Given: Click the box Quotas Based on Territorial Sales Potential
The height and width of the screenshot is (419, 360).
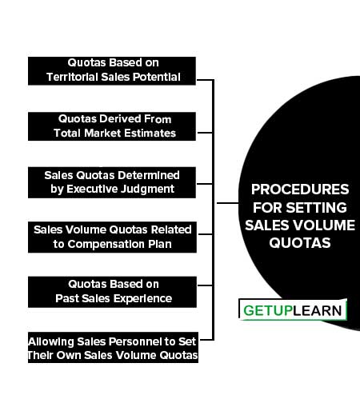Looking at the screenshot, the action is click(x=112, y=71).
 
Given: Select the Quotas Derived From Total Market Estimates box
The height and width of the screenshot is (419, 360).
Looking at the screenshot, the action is click(x=112, y=126).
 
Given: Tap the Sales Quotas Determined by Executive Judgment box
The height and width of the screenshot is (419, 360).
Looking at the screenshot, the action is click(x=112, y=182).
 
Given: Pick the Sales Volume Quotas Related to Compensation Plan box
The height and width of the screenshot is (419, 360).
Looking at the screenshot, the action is click(x=112, y=237).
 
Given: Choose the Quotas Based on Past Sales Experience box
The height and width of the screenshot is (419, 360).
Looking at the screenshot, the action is click(x=112, y=292).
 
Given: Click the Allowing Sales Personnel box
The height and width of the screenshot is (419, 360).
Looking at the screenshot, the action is click(x=113, y=347).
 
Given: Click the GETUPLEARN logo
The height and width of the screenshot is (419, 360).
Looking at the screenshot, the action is click(x=293, y=309).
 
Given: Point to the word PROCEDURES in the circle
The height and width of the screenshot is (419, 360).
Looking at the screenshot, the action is click(x=300, y=190).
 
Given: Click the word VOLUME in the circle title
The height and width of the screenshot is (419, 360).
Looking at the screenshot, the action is click(x=330, y=225).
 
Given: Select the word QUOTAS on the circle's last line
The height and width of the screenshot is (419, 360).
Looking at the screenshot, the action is click(x=300, y=243).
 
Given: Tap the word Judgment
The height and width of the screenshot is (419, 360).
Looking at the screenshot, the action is click(x=147, y=190).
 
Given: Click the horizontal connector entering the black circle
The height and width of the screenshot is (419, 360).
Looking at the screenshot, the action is click(x=227, y=203).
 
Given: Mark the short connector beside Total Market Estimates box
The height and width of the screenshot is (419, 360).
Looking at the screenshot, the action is click(x=205, y=132).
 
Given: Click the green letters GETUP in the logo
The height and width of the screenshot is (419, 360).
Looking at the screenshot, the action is click(x=268, y=310).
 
